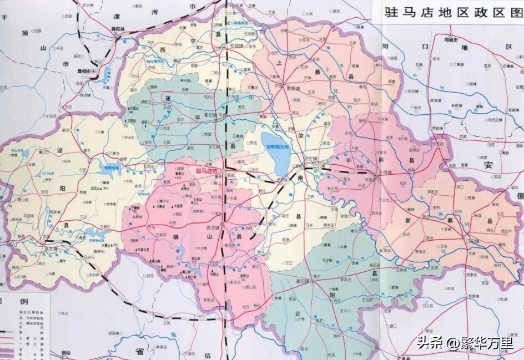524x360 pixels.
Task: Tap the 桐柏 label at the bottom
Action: [x=65, y=353]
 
